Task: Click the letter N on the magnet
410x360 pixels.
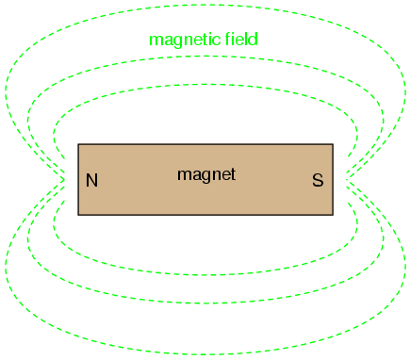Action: click(x=91, y=180)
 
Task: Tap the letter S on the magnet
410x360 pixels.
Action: click(x=318, y=180)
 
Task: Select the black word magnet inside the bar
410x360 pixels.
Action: click(x=206, y=174)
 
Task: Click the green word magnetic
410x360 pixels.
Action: click(x=185, y=40)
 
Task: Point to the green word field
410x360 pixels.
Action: click(x=241, y=39)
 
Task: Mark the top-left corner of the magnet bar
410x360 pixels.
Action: click(x=78, y=144)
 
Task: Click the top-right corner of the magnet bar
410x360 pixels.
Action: click(x=333, y=144)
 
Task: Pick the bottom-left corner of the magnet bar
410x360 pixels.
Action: click(x=78, y=215)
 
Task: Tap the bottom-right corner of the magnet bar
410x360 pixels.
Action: click(x=333, y=215)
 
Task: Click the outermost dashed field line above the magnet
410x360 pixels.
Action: click(x=205, y=5)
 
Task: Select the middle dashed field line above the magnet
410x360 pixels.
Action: click(x=205, y=57)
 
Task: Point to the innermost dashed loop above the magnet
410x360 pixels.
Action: click(x=205, y=84)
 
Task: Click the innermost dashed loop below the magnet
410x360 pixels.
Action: click(x=205, y=275)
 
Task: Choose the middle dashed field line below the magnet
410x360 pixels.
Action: click(x=205, y=303)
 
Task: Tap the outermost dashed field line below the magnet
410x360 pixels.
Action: click(x=205, y=355)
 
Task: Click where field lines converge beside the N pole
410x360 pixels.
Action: click(x=65, y=180)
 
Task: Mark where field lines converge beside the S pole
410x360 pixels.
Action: click(x=346, y=180)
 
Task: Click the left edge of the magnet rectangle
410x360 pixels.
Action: click(x=78, y=180)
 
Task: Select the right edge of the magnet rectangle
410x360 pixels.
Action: click(x=333, y=180)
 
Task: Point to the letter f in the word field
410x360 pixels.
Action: click(x=228, y=39)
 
